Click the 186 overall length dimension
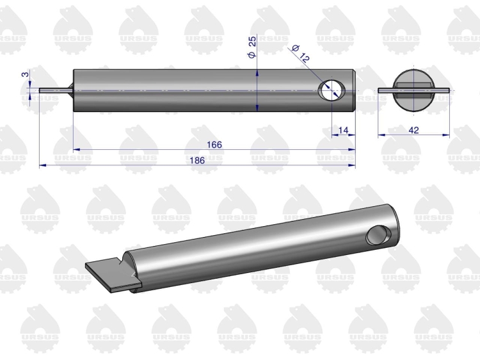pos(197,161)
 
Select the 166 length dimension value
pos(214,145)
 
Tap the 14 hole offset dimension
pos(344,130)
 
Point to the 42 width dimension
pos(413,130)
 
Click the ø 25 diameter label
pos(252,47)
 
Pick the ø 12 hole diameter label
pos(301,54)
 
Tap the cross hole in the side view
pos(332,90)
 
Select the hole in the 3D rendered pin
pos(378,235)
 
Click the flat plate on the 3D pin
pos(113,275)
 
